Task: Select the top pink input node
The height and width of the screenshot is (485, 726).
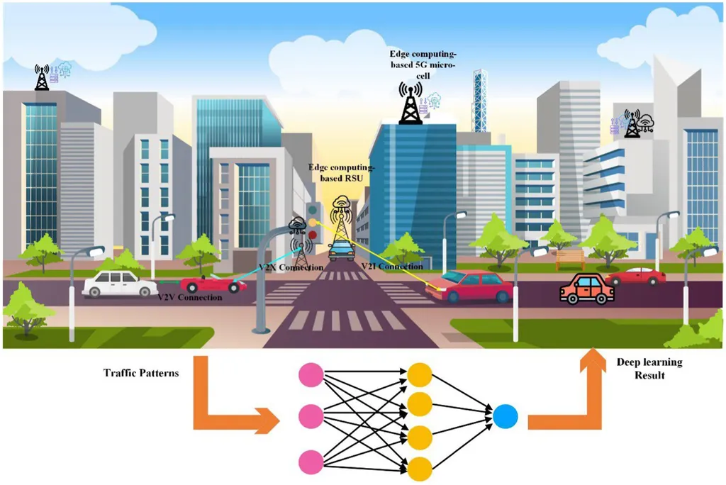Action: [x=311, y=374]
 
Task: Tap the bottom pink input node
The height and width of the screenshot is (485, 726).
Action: [x=311, y=462]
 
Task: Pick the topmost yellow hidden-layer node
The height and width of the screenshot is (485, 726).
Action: [x=419, y=374]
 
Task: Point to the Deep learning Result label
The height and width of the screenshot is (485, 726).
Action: [x=649, y=369]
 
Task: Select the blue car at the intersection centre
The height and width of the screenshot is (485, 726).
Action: [x=342, y=250]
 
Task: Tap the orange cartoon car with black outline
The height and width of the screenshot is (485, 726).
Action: [x=586, y=289]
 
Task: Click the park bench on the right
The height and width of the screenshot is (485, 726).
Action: [x=570, y=258]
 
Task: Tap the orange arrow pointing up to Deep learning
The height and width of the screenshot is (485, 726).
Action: [x=572, y=397]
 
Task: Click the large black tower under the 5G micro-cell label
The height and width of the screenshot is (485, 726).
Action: [x=411, y=104]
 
